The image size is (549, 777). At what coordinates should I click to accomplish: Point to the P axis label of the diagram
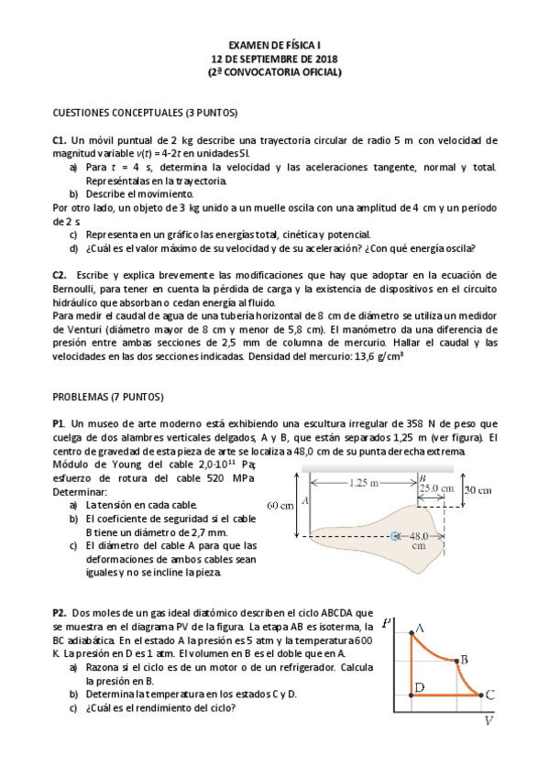click(x=389, y=620)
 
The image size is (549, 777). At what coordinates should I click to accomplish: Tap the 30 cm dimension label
click(x=478, y=490)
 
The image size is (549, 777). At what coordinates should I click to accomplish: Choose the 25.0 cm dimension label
click(x=436, y=488)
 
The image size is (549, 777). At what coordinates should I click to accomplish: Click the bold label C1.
click(x=60, y=140)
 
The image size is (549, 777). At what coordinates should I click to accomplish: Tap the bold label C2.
click(x=60, y=274)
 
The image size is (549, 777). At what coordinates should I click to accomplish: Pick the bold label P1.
click(x=59, y=423)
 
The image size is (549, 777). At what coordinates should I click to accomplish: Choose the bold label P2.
click(x=59, y=612)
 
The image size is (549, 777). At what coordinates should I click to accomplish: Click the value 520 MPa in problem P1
click(x=230, y=477)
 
